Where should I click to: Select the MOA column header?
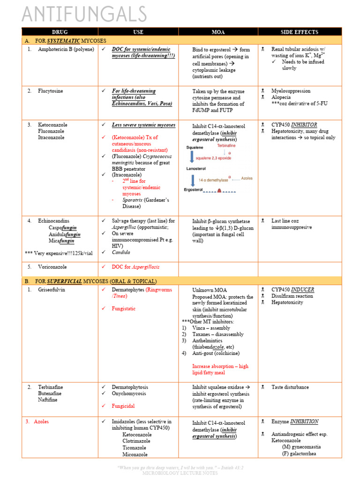218,32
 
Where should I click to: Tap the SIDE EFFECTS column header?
299,32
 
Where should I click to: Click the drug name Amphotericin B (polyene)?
66,49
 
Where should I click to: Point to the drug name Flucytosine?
51,91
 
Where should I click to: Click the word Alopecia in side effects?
282,97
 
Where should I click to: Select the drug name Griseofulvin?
52,290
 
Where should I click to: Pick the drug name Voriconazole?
52,267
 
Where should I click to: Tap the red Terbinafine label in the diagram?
229,146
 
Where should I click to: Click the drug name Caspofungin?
62,228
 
